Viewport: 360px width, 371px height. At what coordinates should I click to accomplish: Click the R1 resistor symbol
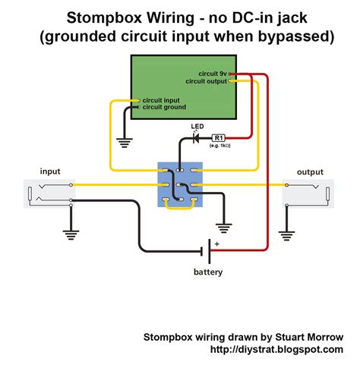(x=219, y=138)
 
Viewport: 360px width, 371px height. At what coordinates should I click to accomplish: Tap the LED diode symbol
(x=196, y=138)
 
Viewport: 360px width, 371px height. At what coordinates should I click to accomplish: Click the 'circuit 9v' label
(x=213, y=74)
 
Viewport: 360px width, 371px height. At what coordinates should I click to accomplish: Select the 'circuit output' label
(x=207, y=81)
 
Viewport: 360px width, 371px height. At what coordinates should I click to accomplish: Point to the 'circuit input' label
(x=161, y=100)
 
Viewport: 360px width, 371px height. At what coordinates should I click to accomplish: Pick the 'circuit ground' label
(x=164, y=107)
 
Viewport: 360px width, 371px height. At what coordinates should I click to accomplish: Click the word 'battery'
(x=208, y=272)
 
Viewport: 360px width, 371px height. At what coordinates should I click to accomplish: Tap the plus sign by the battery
(x=216, y=244)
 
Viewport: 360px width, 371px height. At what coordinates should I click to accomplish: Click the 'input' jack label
(x=50, y=171)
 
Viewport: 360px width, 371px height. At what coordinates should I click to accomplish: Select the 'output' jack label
(x=310, y=172)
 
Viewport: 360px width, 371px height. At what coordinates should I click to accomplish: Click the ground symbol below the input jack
(x=71, y=235)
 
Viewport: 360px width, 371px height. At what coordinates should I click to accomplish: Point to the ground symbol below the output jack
(x=286, y=236)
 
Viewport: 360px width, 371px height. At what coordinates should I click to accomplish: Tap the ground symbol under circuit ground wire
(x=125, y=143)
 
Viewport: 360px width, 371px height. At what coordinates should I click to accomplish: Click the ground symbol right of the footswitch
(x=223, y=228)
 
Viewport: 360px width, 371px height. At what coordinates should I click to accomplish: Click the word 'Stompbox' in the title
(x=104, y=17)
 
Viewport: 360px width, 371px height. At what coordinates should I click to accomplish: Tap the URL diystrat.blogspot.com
(x=276, y=349)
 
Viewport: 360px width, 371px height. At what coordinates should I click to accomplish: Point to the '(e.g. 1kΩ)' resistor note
(x=220, y=146)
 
